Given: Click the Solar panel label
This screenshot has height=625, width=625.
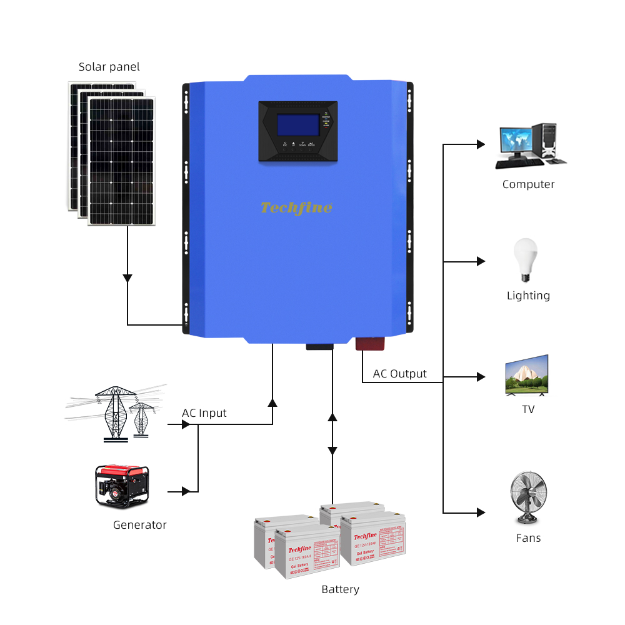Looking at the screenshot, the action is [109, 67].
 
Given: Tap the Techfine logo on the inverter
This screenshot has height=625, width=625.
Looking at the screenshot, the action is [296, 207].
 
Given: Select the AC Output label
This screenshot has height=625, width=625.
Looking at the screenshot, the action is [399, 374].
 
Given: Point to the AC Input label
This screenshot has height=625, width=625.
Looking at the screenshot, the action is [204, 413].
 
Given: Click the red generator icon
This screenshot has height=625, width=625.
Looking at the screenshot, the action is [122, 485].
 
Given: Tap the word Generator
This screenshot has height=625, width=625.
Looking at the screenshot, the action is [140, 525].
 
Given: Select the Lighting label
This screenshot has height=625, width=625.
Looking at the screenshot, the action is [528, 296].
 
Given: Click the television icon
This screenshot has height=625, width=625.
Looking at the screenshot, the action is [526, 376].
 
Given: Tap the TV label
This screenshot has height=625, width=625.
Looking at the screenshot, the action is [528, 409].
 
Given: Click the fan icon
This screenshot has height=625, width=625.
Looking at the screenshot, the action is [527, 497].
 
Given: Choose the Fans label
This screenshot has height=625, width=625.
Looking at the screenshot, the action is [528, 538].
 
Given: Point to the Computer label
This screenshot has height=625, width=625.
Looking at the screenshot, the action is [528, 184].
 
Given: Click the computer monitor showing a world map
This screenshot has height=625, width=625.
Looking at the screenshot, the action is [517, 142].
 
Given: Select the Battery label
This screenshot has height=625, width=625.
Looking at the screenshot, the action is [340, 589].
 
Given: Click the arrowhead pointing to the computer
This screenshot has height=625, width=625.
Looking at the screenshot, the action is [481, 144].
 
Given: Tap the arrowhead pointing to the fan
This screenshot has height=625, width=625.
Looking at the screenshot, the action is [481, 513].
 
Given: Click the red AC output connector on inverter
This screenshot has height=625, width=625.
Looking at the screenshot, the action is [371, 343].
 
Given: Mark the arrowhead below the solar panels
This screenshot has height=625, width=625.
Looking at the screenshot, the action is [127, 277].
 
